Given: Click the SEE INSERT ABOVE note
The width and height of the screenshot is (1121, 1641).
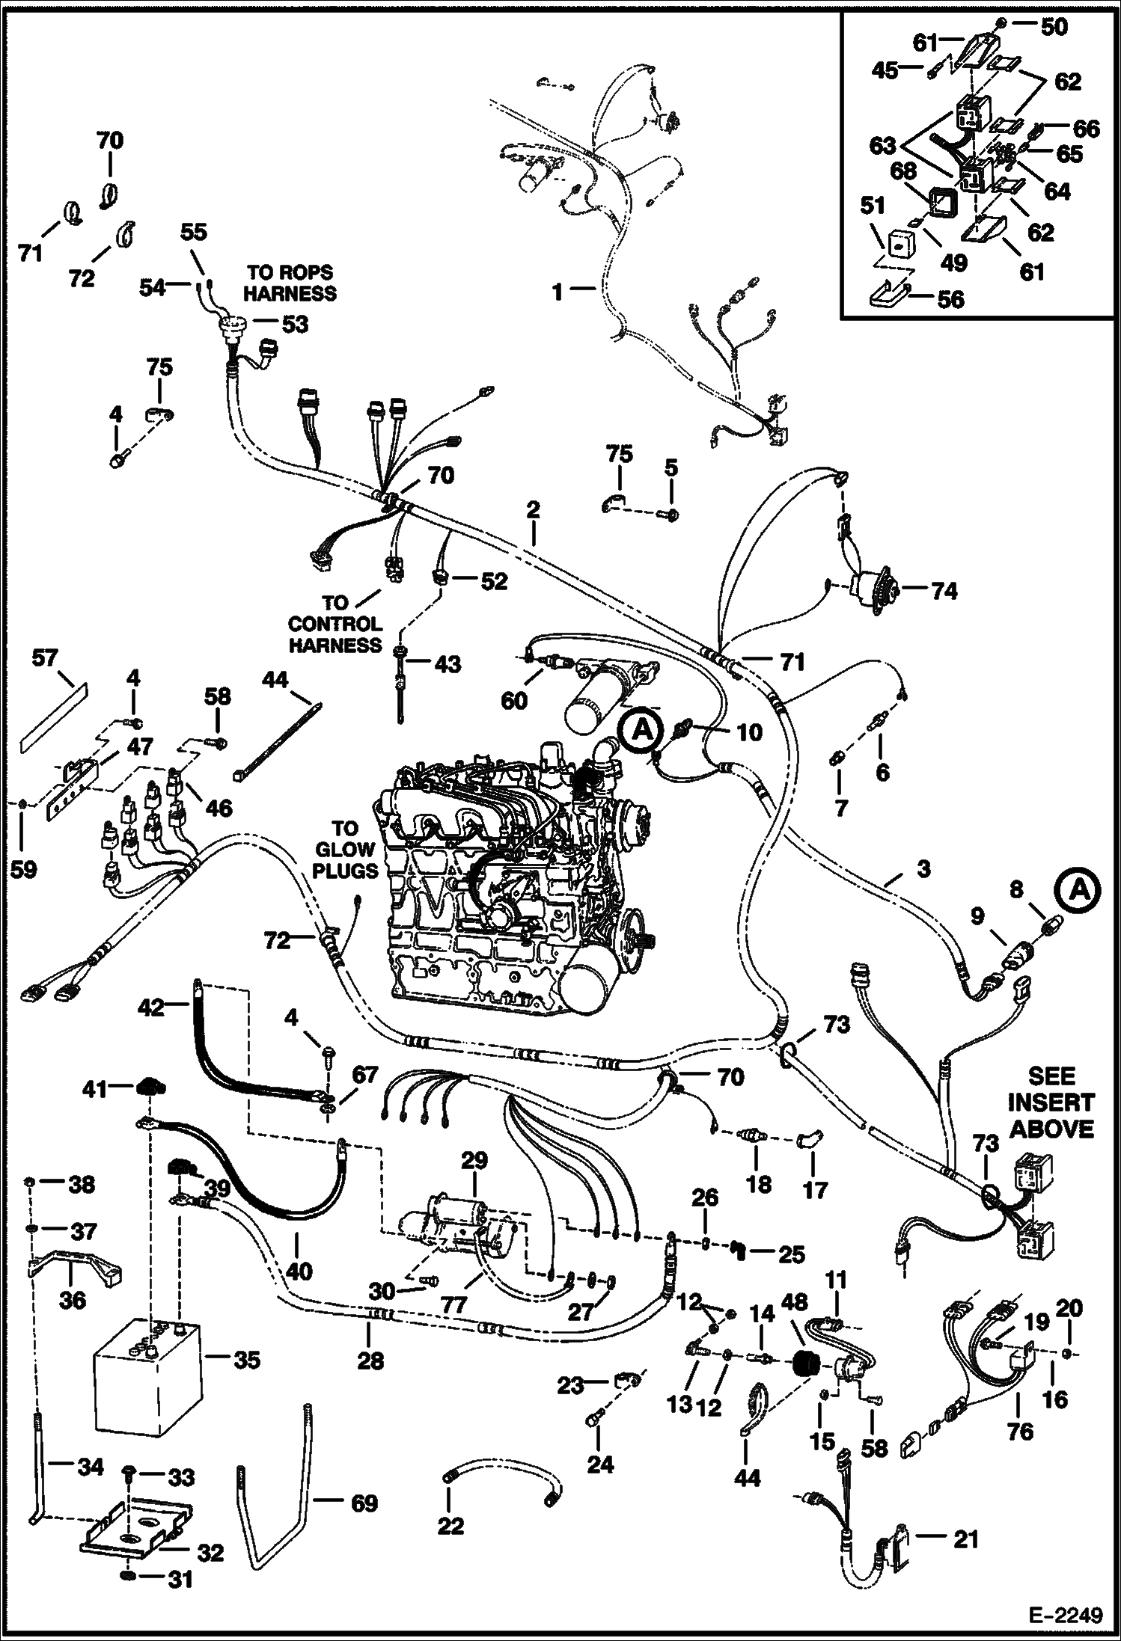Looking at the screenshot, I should click(1051, 1102).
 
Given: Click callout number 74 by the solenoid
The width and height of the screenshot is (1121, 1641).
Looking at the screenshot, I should click(944, 591).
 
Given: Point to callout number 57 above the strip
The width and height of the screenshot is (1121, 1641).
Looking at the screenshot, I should click(45, 658).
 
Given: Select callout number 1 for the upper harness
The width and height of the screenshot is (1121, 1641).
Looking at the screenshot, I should click(558, 291).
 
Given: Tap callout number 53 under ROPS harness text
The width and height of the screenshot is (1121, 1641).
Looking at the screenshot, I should click(295, 325).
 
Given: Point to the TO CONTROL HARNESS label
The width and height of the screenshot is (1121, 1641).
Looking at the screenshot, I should click(335, 624).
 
